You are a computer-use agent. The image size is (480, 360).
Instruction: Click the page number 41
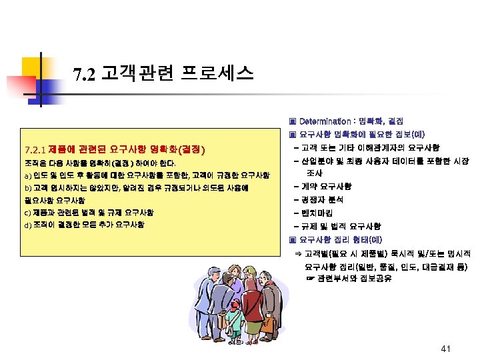pos(447,349)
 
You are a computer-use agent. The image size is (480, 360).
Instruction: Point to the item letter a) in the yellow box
pos(27,175)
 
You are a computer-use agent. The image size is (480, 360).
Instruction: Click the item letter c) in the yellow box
pos(27,213)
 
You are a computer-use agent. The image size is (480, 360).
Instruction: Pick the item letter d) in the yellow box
pos(27,225)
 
